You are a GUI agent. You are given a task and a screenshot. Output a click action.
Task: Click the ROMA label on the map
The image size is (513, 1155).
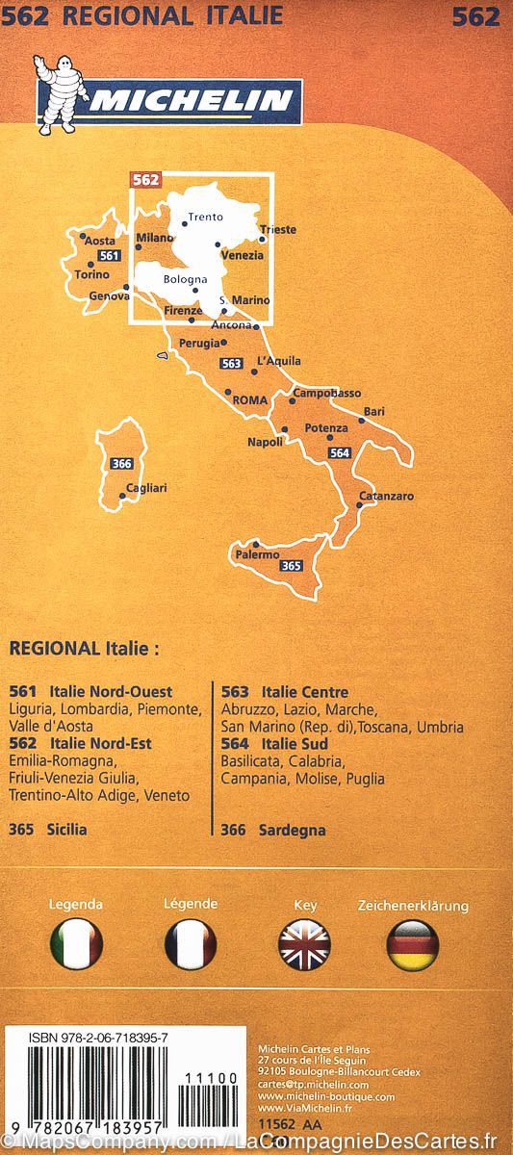(x=249, y=400)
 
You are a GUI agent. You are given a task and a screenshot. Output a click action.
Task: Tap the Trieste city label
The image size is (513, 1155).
(x=277, y=230)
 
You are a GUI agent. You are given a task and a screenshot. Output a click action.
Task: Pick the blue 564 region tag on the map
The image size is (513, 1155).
(x=339, y=452)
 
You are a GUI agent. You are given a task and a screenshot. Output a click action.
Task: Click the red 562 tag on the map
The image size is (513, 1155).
(x=145, y=179)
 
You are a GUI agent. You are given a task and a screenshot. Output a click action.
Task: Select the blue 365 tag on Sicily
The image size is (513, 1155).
(x=291, y=566)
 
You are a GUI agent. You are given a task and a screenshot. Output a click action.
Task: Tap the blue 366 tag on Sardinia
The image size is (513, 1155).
(x=121, y=463)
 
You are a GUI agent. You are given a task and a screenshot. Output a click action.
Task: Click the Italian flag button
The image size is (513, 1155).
(x=76, y=944)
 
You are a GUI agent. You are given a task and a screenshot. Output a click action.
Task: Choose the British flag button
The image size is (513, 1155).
(x=304, y=944)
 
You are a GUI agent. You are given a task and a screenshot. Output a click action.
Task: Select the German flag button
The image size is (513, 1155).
(x=413, y=944)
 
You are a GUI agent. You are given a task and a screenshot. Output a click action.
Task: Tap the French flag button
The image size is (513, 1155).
(x=191, y=944)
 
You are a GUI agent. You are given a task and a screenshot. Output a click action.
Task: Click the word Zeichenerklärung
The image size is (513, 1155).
(x=413, y=906)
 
